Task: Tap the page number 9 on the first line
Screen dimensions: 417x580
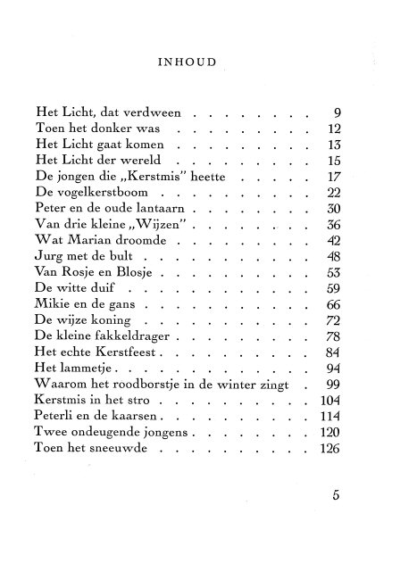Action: pos(338,113)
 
